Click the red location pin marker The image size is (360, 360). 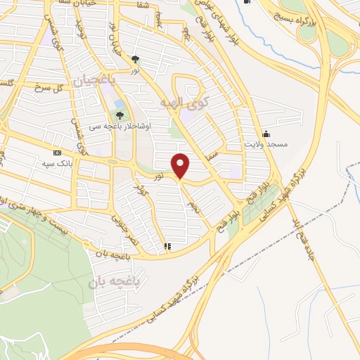181,166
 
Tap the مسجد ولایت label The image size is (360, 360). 266,143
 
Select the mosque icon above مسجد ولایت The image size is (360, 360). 266,134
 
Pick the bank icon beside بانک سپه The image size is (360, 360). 57,152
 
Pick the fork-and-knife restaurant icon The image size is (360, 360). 167,247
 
